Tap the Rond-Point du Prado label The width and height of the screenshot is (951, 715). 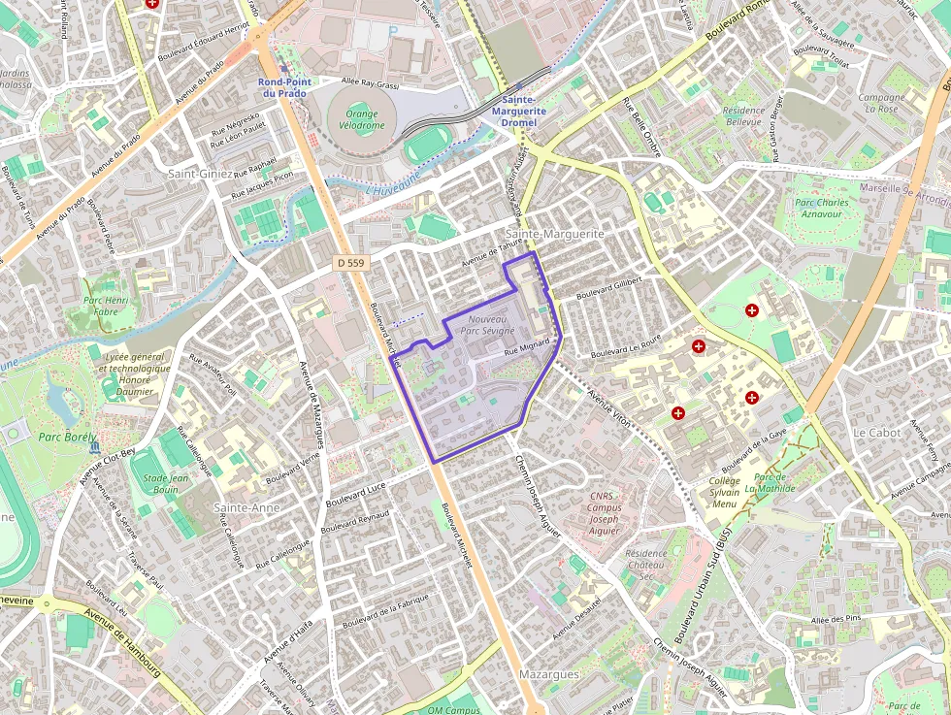tap(284, 87)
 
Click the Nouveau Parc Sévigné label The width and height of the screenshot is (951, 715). tap(488, 325)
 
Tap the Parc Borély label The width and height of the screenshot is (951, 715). tap(63, 438)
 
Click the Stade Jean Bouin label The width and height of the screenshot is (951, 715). tap(165, 483)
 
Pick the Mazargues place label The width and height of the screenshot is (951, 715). tap(549, 674)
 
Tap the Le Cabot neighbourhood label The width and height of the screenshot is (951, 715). tap(876, 432)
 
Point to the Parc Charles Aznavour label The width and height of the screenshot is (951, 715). tap(822, 209)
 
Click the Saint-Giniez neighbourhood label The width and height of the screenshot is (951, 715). tap(201, 174)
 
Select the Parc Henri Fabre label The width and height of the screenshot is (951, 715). tap(107, 306)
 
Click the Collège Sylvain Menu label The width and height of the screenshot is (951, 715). tap(724, 492)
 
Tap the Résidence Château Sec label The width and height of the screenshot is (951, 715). tap(646, 565)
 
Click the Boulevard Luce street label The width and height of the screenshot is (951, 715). tap(356, 493)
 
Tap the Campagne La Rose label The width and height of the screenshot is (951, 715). tap(881, 103)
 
